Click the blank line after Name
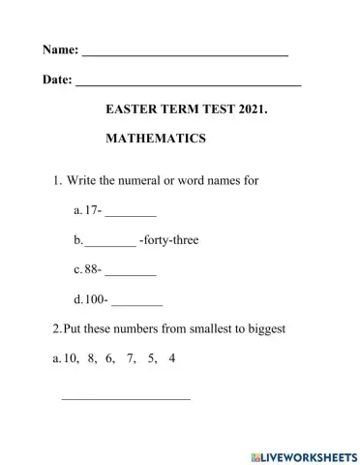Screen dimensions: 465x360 pyautogui.click(x=185, y=54)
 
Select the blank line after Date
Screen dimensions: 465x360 pyautogui.click(x=188, y=86)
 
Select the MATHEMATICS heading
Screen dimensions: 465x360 pyautogui.click(x=155, y=139)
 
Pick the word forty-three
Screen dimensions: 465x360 pyautogui.click(x=169, y=239)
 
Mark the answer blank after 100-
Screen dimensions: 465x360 pyautogui.click(x=136, y=303)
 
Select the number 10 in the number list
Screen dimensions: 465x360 pyautogui.click(x=70, y=358)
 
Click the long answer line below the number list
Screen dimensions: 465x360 pyautogui.click(x=126, y=398)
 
